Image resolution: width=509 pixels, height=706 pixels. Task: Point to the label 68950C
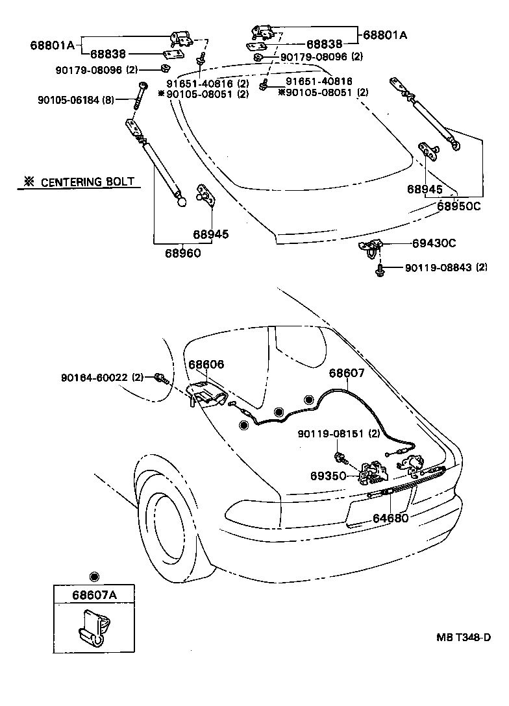pyautogui.click(x=458, y=206)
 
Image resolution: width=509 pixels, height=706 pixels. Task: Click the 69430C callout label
pyautogui.click(x=434, y=243)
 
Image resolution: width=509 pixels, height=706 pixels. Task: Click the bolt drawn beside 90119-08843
pyautogui.click(x=380, y=268)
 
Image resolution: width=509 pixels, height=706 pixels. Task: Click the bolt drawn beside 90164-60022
pyautogui.click(x=160, y=378)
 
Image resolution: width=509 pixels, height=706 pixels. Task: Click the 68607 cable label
pyautogui.click(x=347, y=373)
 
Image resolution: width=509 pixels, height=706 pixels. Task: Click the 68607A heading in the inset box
pyautogui.click(x=93, y=594)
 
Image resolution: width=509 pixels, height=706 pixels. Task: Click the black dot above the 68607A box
pyautogui.click(x=94, y=577)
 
